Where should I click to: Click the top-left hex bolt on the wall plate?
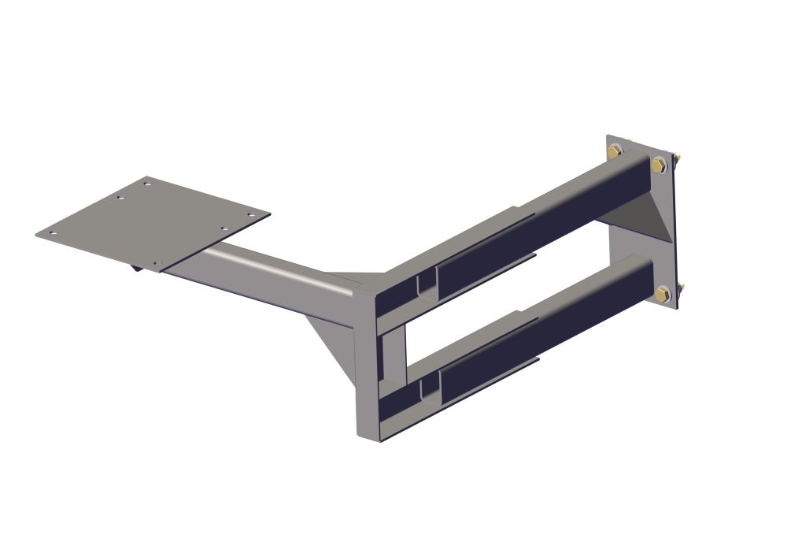pos(615,150)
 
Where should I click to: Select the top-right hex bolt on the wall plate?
pos(659,164)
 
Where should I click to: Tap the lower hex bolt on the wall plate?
pos(663,295)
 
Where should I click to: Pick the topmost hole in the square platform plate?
pos(146,184)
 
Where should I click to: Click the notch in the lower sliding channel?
pos(428,386)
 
